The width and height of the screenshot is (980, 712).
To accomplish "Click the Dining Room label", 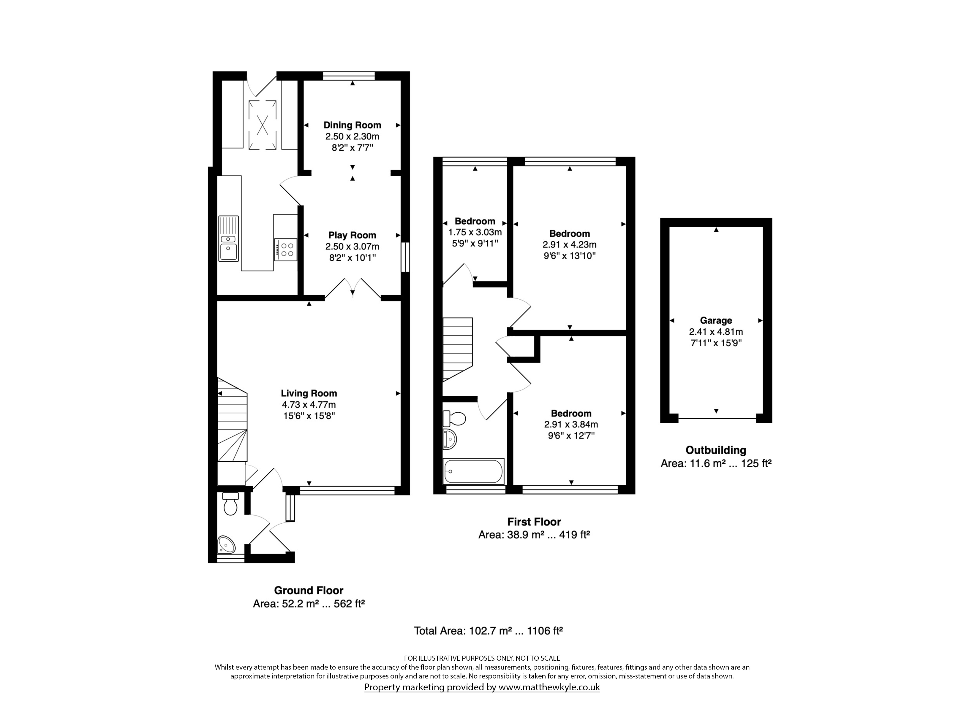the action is [x=352, y=125].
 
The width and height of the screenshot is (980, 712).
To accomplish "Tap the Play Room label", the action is [x=352, y=235].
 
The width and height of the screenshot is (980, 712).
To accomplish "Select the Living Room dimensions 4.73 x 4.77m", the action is [x=309, y=405].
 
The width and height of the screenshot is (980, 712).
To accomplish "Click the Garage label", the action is [x=716, y=320].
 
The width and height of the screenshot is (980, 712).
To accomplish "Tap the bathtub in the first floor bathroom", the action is [x=474, y=471].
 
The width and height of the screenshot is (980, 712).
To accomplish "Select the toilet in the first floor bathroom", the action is [x=454, y=418].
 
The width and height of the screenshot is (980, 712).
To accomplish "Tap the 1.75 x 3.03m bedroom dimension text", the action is [x=475, y=232].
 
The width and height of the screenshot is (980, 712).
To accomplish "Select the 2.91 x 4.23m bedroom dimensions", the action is [x=570, y=244].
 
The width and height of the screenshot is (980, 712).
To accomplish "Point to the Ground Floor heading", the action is [x=309, y=590].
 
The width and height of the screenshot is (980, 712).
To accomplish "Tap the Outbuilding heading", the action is [x=716, y=450].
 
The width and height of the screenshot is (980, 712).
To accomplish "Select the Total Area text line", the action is [x=488, y=631].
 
